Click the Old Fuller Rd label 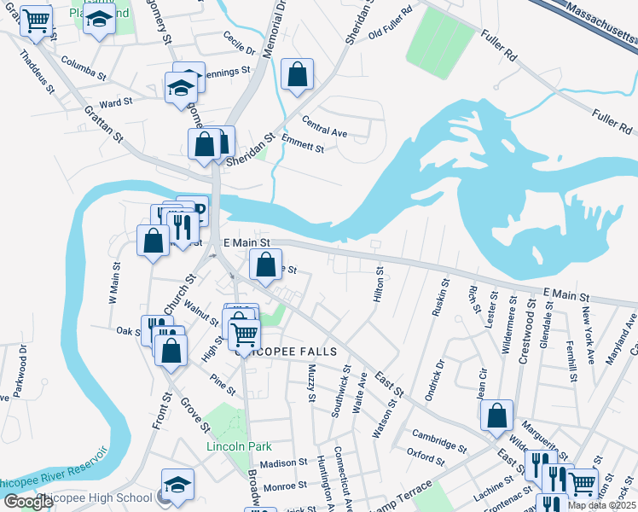[391, 34]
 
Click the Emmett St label [303, 143]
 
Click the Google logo [28, 502]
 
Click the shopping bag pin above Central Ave [297, 74]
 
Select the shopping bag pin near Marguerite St [497, 416]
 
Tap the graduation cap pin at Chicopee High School [177, 484]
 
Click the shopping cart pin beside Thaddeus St [36, 20]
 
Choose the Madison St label [283, 463]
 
